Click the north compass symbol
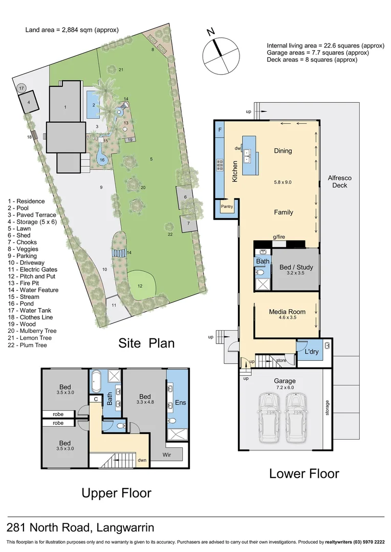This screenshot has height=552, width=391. click(221, 55)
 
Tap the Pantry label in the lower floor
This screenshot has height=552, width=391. click(227, 206)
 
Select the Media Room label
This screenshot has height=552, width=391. click(287, 312)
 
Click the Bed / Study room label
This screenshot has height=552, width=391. click(296, 267)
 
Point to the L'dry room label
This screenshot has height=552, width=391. click(312, 353)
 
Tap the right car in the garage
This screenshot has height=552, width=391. click(296, 418)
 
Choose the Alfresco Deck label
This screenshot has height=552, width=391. click(340, 181)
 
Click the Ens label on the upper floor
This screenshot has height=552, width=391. click(181, 403)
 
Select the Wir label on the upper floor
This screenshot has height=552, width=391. click(167, 453)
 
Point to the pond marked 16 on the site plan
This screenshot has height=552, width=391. click(102, 159)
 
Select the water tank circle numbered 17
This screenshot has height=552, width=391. click(21, 88)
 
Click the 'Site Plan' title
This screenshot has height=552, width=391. click(146, 342)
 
